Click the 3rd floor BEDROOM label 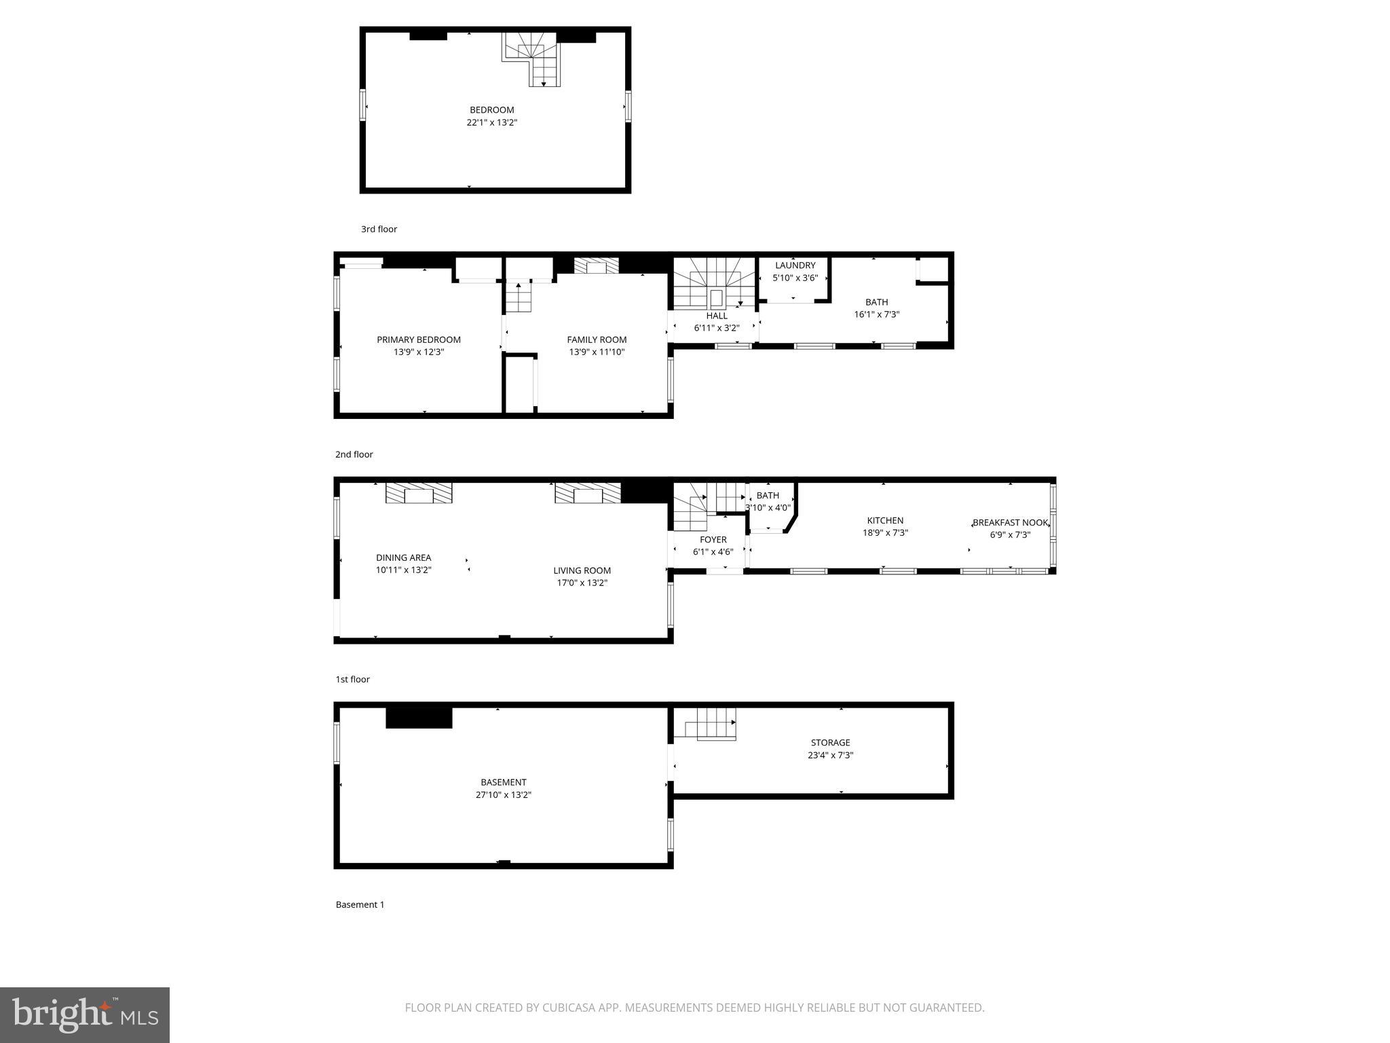point(491,110)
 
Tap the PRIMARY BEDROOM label point(418,340)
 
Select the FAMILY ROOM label point(597,340)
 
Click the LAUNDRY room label point(795,266)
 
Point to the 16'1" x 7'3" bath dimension point(876,314)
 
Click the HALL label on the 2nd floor point(716,316)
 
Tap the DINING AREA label point(403,557)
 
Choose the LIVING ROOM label point(582,570)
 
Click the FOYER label point(713,540)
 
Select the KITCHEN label point(885,521)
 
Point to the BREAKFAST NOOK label point(1010,523)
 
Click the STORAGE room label point(830,743)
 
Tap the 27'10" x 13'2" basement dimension point(503,794)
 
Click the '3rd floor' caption point(379,230)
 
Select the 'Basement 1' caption point(360,904)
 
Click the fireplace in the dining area point(419,494)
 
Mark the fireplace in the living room point(588,494)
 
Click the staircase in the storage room point(713,724)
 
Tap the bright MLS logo point(85,1014)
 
